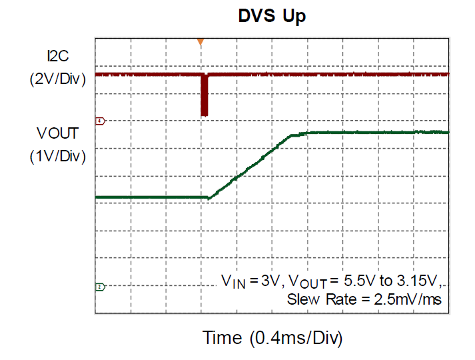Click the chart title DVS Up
tap(272, 17)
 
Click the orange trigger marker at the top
tap(200, 43)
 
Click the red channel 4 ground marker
tap(100, 121)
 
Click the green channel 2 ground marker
tap(100, 287)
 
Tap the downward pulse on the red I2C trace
tap(205, 97)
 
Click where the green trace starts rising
tap(209, 197)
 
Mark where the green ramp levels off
tap(306, 133)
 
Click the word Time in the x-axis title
tap(222, 338)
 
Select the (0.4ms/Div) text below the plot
tap(296, 338)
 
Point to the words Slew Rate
tap(316, 299)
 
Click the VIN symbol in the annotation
tap(233, 282)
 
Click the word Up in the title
tap(294, 17)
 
